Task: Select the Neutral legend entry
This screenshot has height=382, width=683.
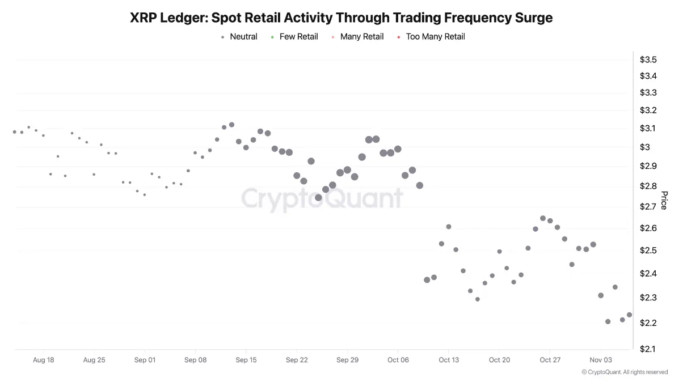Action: (243, 37)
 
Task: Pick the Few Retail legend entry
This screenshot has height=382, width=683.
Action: (298, 37)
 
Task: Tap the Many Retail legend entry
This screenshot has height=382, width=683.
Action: (361, 37)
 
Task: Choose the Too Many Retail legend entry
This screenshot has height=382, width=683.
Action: (435, 37)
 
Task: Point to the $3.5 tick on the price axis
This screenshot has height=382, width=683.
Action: (648, 60)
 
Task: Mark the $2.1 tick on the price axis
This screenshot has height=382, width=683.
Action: (648, 349)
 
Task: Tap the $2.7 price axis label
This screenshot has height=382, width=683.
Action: (648, 207)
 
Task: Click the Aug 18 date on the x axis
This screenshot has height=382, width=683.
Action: (44, 360)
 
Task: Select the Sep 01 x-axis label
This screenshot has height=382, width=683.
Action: (145, 360)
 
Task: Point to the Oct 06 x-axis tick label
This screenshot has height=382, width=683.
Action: (398, 360)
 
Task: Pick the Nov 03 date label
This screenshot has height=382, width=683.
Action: (600, 360)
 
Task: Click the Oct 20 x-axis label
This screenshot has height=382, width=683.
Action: (499, 360)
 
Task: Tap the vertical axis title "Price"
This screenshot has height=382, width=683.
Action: (664, 200)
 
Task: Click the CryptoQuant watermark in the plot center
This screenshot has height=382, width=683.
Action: (322, 198)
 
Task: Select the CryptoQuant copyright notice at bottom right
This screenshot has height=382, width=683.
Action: (625, 372)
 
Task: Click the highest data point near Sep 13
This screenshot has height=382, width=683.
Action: (231, 125)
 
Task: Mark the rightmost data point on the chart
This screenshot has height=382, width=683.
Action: (629, 315)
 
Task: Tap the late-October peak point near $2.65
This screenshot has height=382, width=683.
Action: (543, 218)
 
